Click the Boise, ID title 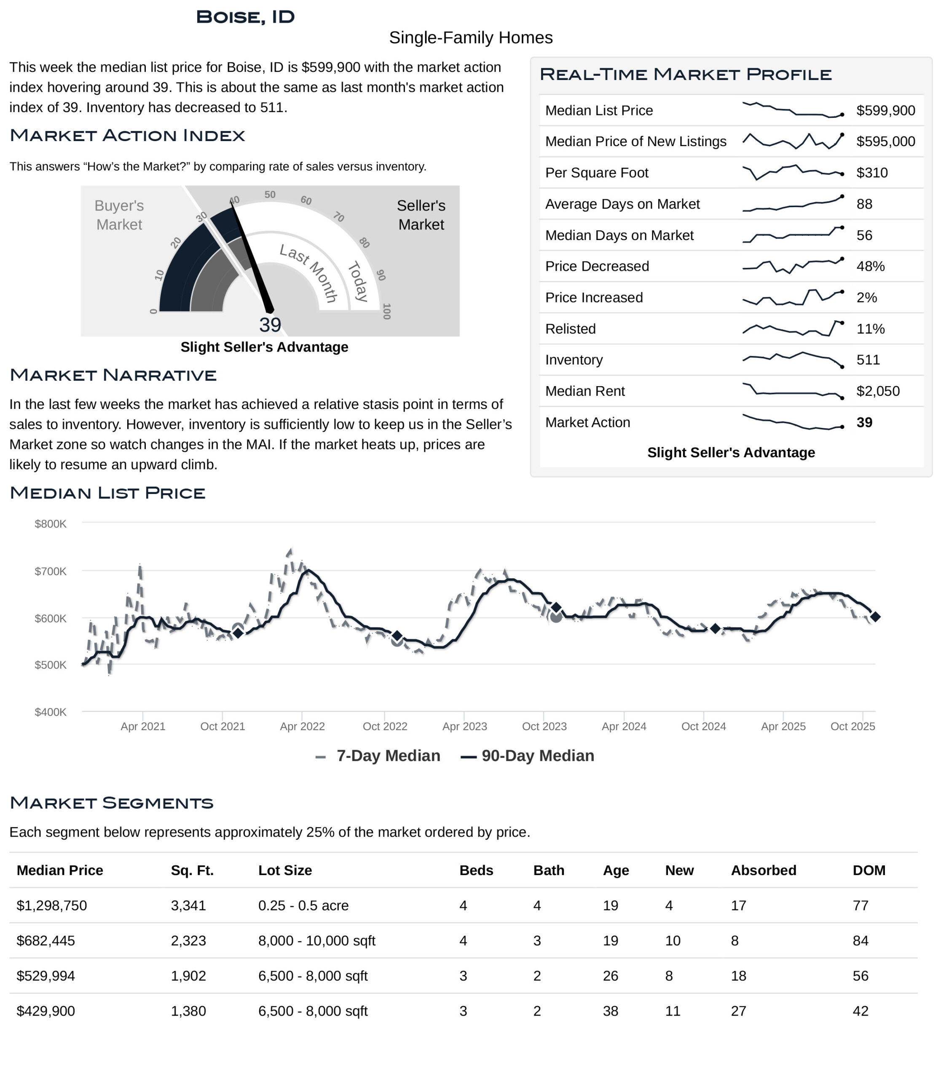tap(245, 17)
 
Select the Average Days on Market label tap(622, 204)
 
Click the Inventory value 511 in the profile tap(868, 360)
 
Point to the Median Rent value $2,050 tap(877, 391)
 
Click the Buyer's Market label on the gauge tap(119, 215)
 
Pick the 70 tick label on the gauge tap(339, 217)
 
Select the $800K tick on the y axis tap(51, 524)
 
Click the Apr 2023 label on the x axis tap(465, 726)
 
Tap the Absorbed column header tap(764, 870)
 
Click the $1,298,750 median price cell tap(52, 905)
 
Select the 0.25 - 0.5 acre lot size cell tap(303, 905)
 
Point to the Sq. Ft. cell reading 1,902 tap(188, 976)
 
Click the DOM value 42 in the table tap(860, 1011)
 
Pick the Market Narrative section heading tap(113, 375)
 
